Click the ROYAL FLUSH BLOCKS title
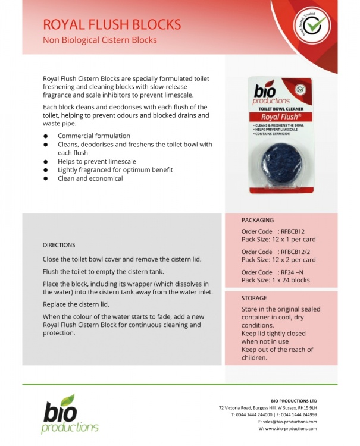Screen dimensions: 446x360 112,24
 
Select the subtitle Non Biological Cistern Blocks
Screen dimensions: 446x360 100,40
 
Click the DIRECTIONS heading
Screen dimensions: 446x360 59,245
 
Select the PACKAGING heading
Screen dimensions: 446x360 258,220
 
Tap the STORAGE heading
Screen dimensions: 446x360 254,297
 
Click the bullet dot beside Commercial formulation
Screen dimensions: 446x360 46,136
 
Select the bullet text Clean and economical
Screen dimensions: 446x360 90,178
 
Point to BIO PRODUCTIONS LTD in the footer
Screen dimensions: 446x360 293,401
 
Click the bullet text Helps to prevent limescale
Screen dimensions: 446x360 97,161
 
